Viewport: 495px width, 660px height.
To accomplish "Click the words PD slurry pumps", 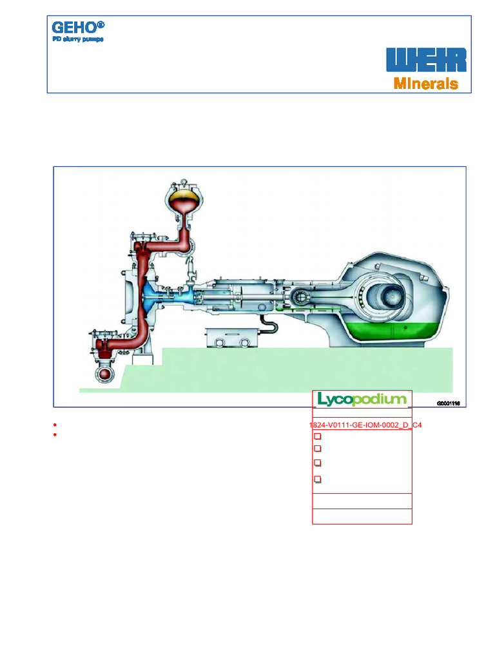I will click(77, 39).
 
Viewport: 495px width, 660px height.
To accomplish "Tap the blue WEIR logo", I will click(426, 60).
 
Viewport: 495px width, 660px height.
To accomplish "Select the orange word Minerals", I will click(426, 84).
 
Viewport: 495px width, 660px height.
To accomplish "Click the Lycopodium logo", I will click(362, 399).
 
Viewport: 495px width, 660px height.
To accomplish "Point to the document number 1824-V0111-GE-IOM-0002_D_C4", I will click(365, 426).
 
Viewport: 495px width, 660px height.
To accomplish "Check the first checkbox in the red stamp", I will click(317, 437).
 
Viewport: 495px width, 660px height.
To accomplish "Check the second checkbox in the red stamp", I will click(317, 448).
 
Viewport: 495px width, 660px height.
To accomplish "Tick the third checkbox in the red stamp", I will click(317, 463).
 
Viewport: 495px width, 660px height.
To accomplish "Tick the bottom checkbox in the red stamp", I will click(317, 479).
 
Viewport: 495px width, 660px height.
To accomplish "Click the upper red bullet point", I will click(56, 426).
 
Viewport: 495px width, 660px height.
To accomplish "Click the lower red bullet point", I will click(56, 435).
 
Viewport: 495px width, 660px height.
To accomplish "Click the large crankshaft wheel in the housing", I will click(390, 297).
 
